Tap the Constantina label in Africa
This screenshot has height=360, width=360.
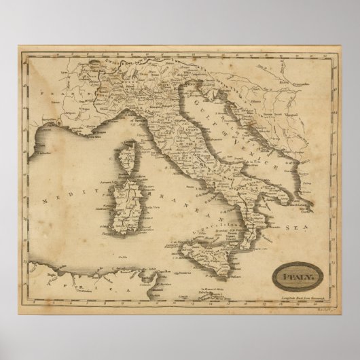[x=65, y=272]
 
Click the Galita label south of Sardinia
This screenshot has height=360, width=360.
[x=122, y=255]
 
